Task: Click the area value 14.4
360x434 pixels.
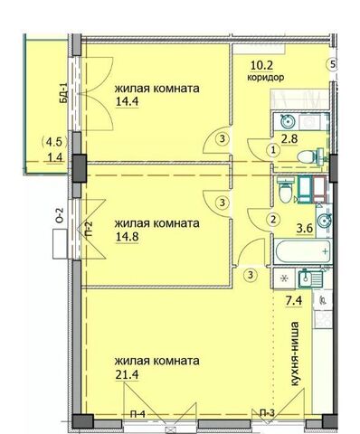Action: (x=127, y=101)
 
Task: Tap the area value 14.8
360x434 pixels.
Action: (x=127, y=236)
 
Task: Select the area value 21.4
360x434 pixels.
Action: (x=127, y=374)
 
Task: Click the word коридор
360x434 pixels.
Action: (x=266, y=78)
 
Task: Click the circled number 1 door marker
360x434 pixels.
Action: (x=273, y=150)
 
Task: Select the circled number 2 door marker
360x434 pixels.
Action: (x=273, y=219)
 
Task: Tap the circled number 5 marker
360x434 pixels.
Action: (x=333, y=64)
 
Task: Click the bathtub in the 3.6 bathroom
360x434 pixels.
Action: (x=303, y=251)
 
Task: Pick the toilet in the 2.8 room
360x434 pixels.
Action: (x=311, y=156)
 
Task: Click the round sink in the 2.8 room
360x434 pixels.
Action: (x=288, y=122)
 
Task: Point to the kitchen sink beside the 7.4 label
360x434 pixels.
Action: (x=310, y=278)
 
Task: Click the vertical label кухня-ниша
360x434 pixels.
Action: (x=295, y=354)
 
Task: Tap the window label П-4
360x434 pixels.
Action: (x=137, y=414)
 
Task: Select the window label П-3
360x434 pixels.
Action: (x=268, y=412)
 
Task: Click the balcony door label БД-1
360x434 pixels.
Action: (x=63, y=93)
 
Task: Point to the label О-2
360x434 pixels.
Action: (x=61, y=215)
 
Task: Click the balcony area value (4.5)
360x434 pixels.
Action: (x=54, y=142)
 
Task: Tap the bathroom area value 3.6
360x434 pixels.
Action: (x=305, y=228)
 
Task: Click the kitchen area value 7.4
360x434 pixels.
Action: (x=294, y=300)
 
